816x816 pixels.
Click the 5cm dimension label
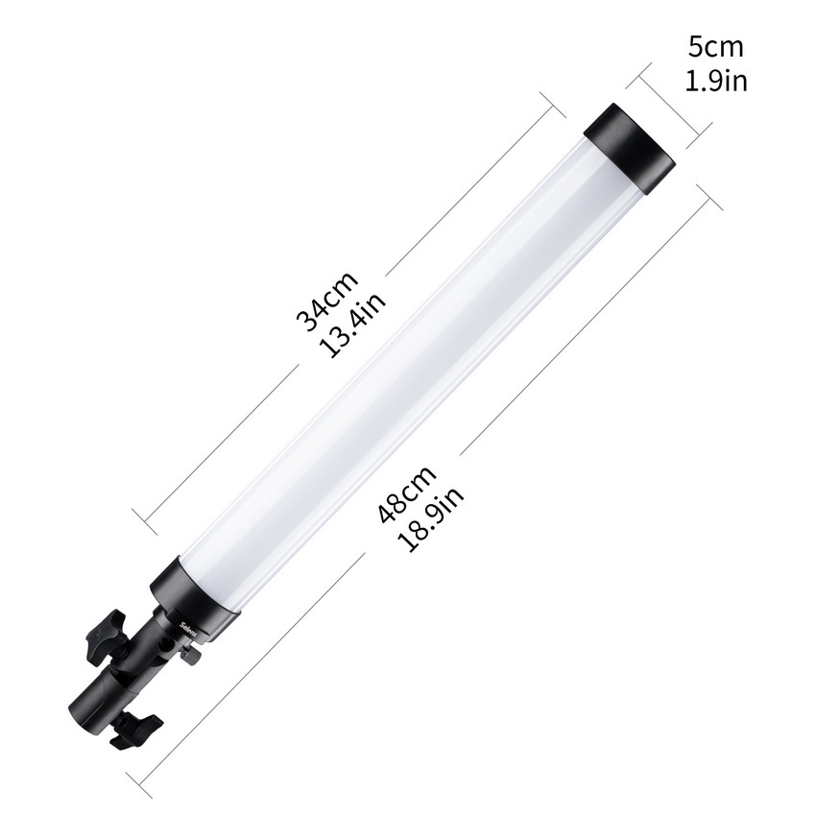tap(716, 47)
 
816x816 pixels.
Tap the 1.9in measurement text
tap(716, 82)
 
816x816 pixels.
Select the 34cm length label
tap(326, 300)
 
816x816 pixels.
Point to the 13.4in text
tap(353, 324)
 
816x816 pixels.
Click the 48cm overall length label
tap(406, 493)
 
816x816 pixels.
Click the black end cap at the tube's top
tap(630, 149)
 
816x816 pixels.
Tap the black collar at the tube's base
tap(195, 598)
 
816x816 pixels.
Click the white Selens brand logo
tap(186, 629)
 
